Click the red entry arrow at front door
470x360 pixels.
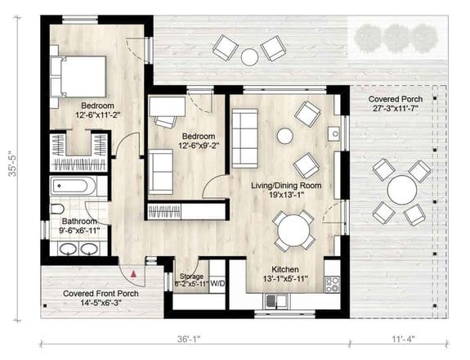point(132,273)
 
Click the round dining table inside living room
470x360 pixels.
point(293,232)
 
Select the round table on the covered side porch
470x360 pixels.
point(401,191)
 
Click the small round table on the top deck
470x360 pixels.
point(249,56)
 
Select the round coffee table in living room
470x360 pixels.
point(285,135)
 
